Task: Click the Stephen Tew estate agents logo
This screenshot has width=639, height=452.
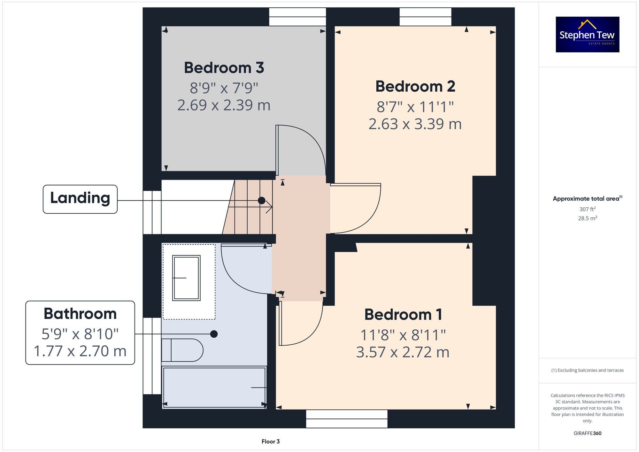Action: pyautogui.click(x=587, y=34)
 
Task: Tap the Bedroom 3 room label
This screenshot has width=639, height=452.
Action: pyautogui.click(x=224, y=68)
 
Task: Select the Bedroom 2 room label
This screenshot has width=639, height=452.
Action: pyautogui.click(x=415, y=87)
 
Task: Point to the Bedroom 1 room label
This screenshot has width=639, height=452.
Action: pyautogui.click(x=403, y=315)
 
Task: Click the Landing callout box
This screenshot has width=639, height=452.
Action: pyautogui.click(x=80, y=199)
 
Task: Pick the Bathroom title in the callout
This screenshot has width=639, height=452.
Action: pyautogui.click(x=80, y=314)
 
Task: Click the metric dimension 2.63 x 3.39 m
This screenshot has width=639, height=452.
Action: pyautogui.click(x=415, y=124)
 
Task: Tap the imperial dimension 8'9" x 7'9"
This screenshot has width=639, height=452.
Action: pyautogui.click(x=224, y=88)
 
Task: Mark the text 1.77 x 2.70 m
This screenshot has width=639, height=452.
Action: pyautogui.click(x=80, y=351)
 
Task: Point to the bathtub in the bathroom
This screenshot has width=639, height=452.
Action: pyautogui.click(x=214, y=387)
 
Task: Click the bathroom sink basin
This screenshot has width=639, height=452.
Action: pyautogui.click(x=186, y=278)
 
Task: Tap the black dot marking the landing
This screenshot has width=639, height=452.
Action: pyautogui.click(x=261, y=200)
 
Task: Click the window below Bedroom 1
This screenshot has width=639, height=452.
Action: pyautogui.click(x=347, y=419)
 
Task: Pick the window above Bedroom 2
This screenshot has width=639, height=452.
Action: pyautogui.click(x=425, y=17)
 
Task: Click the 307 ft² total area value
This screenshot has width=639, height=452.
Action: pyautogui.click(x=587, y=209)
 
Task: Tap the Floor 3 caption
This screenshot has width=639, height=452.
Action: pyautogui.click(x=270, y=441)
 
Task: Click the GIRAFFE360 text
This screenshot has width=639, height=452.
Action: pyautogui.click(x=587, y=433)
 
